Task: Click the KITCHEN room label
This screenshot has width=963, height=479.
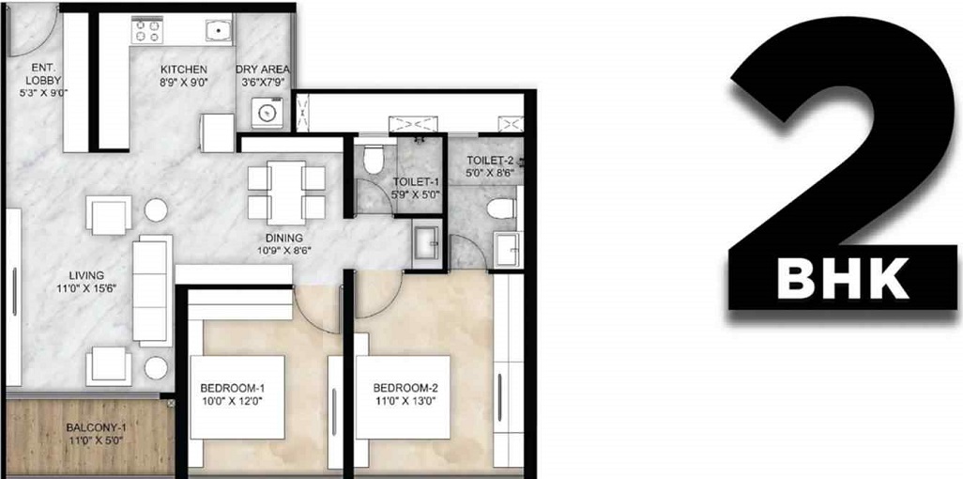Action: point(183,76)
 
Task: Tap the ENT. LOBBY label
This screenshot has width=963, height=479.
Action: point(43,81)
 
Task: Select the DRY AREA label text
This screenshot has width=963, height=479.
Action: point(262,76)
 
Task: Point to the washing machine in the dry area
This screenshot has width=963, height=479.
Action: point(265,114)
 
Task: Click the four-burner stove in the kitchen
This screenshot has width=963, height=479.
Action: point(146,31)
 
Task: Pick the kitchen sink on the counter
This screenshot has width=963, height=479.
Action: point(218,31)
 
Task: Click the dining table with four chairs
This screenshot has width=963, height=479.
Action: point(286,191)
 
